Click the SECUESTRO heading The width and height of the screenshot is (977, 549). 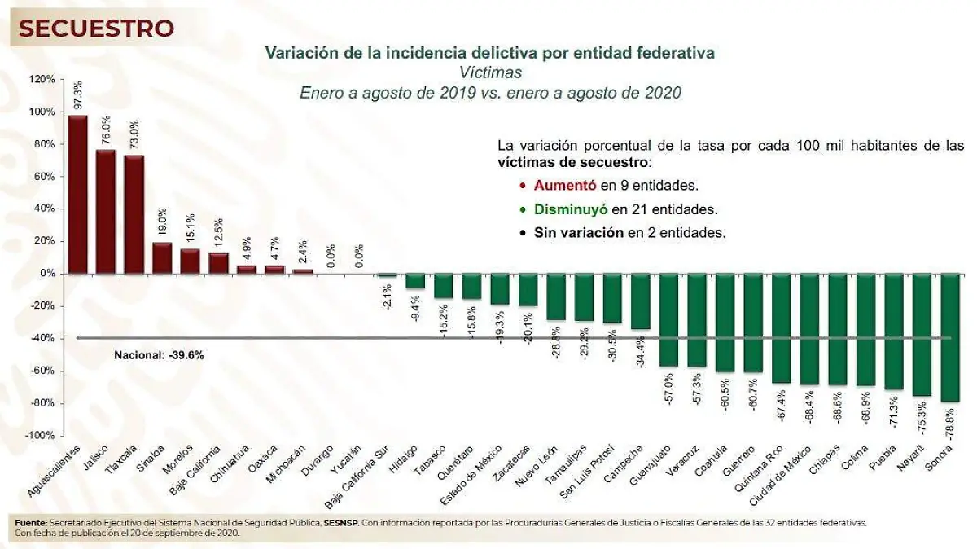tap(97, 29)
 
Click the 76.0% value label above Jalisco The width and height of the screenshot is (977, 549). tap(105, 130)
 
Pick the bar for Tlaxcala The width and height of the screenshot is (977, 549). tap(134, 213)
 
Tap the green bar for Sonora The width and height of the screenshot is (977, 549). tap(950, 337)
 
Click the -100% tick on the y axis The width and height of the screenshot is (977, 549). tap(41, 436)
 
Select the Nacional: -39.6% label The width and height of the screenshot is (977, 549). tap(159, 355)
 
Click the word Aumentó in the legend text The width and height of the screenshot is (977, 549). tap(559, 185)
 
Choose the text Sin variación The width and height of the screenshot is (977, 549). tap(578, 232)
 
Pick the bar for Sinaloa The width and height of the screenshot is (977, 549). tap(162, 257)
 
